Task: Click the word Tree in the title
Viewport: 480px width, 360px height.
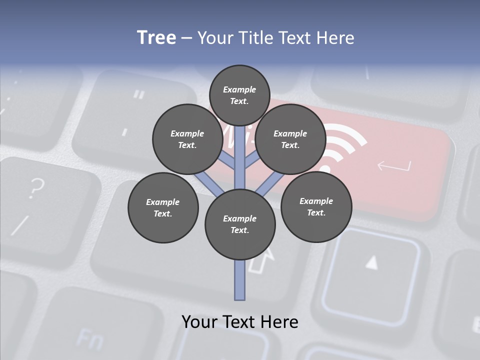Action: pyautogui.click(x=156, y=38)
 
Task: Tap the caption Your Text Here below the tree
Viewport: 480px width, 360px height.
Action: pyautogui.click(x=240, y=322)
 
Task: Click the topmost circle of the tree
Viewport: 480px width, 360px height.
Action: pyautogui.click(x=239, y=95)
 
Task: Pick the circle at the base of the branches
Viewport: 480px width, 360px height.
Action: pyautogui.click(x=240, y=224)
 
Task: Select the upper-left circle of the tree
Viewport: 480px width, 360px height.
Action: pyautogui.click(x=187, y=139)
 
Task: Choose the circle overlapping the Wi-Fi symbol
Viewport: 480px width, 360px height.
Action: pyautogui.click(x=290, y=139)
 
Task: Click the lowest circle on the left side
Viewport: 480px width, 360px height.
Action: pyautogui.click(x=163, y=207)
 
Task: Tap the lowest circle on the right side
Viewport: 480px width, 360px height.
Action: pyautogui.click(x=316, y=206)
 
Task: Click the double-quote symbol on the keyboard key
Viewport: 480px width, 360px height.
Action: pyautogui.click(x=139, y=93)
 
